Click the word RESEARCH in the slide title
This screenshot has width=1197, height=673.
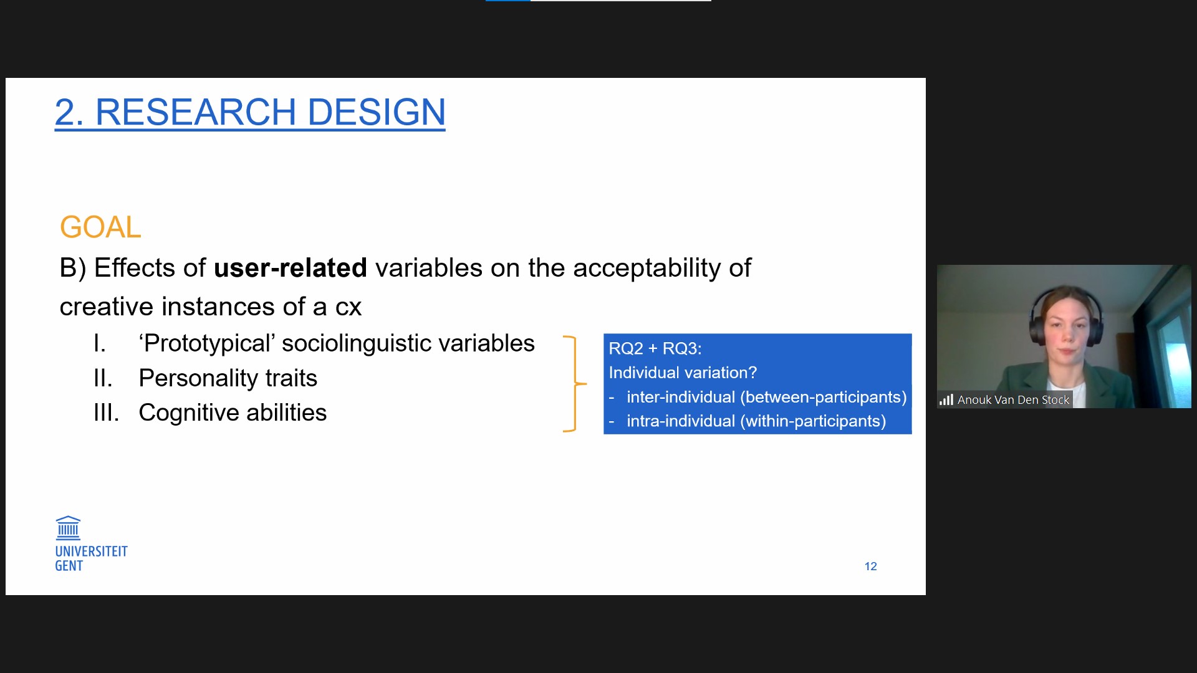pyautogui.click(x=196, y=112)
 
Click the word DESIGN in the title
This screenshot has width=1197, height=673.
pyautogui.click(x=377, y=112)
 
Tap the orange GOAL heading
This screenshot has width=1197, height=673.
pyautogui.click(x=100, y=227)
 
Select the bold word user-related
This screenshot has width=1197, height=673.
pyautogui.click(x=291, y=268)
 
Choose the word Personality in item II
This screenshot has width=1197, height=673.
pyautogui.click(x=198, y=378)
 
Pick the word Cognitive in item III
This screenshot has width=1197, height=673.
pyautogui.click(x=186, y=413)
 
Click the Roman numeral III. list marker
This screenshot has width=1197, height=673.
pyautogui.click(x=106, y=413)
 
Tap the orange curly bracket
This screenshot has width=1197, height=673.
pyautogui.click(x=575, y=383)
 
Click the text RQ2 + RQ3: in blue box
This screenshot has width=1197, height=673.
pyautogui.click(x=655, y=348)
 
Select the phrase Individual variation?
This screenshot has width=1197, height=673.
pyautogui.click(x=683, y=373)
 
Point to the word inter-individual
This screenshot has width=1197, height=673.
pyautogui.click(x=681, y=397)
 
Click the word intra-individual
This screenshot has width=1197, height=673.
pyautogui.click(x=681, y=421)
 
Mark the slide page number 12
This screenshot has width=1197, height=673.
pyautogui.click(x=870, y=566)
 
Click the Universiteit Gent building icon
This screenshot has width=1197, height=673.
pyautogui.click(x=68, y=528)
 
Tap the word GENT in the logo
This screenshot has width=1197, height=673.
pyautogui.click(x=69, y=566)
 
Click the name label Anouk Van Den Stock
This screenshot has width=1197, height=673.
pyautogui.click(x=1013, y=400)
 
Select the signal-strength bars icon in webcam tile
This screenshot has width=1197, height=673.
pyautogui.click(x=946, y=400)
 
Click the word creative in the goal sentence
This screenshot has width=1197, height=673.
pyautogui.click(x=107, y=307)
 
